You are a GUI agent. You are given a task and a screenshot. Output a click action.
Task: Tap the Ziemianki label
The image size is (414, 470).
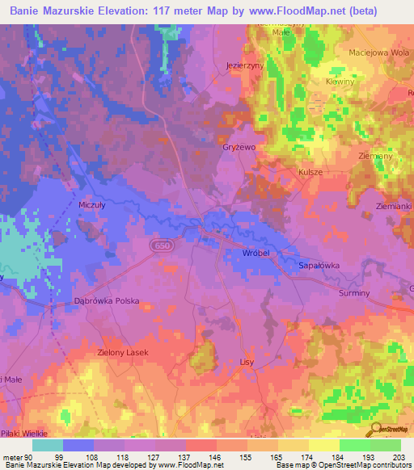(x=394, y=207)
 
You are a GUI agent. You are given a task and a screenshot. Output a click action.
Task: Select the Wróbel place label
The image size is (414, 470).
(x=256, y=253)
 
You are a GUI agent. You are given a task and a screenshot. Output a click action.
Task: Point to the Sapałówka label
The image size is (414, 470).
(x=319, y=264)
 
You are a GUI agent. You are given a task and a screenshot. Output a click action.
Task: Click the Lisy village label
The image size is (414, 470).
(x=247, y=362)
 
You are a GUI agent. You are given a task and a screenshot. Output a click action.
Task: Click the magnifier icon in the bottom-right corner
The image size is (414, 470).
(x=375, y=430)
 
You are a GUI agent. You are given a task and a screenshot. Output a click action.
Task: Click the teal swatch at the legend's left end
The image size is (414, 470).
(x=48, y=444)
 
